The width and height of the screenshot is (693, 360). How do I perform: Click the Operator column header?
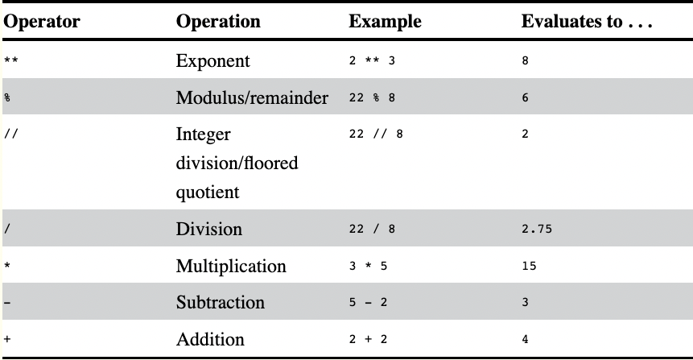42,22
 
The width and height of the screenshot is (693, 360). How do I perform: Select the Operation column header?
218,22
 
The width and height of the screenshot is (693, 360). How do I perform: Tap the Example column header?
385,22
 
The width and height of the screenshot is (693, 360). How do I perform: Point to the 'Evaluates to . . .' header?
586,22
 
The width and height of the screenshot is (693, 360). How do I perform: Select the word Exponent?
212,61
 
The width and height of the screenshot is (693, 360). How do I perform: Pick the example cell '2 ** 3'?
373,61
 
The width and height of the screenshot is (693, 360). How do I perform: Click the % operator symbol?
7,98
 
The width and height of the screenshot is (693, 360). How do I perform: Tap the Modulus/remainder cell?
252,98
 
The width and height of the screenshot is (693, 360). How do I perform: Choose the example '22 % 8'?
373,98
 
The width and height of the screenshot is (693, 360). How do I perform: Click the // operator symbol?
10,134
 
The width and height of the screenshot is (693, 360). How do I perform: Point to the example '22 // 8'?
376,134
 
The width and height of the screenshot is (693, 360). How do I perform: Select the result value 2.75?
537,230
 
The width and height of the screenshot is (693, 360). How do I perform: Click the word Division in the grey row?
209,229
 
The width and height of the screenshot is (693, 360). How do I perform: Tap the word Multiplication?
231,266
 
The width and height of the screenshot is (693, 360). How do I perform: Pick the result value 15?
529,266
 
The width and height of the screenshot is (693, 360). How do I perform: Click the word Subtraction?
221,303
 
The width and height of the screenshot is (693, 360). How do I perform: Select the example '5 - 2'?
369,303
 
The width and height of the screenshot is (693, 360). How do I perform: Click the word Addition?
210,339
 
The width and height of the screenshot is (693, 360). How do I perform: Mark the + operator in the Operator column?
7,340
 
